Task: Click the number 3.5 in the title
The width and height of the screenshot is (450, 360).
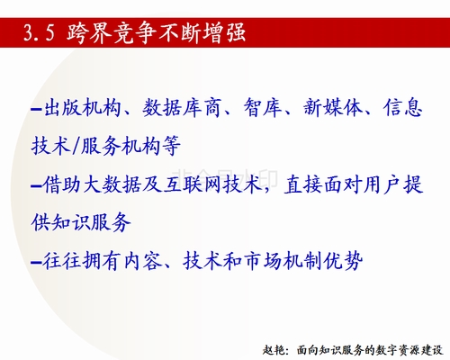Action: (40, 32)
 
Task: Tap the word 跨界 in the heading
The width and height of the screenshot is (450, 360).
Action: (89, 32)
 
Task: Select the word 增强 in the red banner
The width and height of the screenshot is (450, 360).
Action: (224, 32)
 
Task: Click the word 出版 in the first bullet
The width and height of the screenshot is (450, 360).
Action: (62, 107)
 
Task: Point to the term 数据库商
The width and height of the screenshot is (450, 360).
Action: (182, 107)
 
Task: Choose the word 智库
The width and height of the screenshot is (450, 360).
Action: (263, 107)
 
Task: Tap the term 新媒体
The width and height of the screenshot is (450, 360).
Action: (332, 107)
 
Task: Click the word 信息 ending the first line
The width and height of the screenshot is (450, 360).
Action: (402, 107)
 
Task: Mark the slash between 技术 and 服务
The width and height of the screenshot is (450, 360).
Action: (76, 146)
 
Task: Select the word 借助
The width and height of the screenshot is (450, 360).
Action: (62, 184)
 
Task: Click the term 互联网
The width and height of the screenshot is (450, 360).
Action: (192, 184)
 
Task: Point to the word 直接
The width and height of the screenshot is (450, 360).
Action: (303, 184)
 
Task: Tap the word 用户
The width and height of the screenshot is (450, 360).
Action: (382, 184)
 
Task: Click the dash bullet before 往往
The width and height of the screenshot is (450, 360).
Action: (36, 263)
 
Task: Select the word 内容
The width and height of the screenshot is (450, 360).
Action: (142, 261)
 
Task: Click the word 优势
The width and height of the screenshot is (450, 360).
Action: (343, 261)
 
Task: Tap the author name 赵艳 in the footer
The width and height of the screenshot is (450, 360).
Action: (273, 350)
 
